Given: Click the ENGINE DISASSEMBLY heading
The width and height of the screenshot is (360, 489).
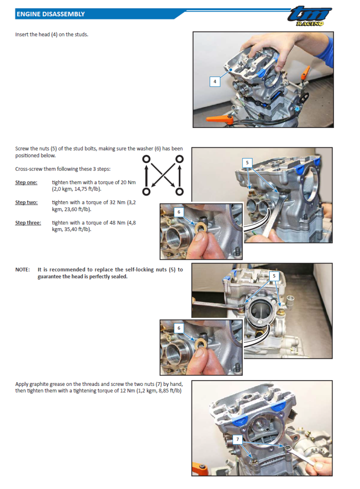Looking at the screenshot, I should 50,14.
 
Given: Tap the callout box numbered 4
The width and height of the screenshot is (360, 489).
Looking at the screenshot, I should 215,81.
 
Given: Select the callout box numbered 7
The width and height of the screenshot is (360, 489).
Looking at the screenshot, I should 238,437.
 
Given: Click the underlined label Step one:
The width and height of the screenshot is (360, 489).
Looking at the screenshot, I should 26,182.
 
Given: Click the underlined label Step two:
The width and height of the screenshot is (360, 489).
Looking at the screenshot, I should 26,203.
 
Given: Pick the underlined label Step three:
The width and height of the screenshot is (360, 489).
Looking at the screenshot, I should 28,223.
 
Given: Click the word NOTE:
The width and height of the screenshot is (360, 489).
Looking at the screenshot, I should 22,270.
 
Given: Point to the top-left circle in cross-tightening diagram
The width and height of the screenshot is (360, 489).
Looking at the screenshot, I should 146,159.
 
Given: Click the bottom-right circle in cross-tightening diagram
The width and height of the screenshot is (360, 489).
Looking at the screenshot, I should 179,192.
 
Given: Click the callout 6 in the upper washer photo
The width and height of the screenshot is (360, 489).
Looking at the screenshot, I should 179,211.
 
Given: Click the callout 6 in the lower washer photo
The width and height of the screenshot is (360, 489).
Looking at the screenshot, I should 179,328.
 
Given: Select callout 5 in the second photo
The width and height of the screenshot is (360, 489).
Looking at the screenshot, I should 247,162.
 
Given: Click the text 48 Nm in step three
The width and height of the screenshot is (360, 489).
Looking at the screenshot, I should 115,223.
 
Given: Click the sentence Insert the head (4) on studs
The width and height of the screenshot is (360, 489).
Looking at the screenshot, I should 52,35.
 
